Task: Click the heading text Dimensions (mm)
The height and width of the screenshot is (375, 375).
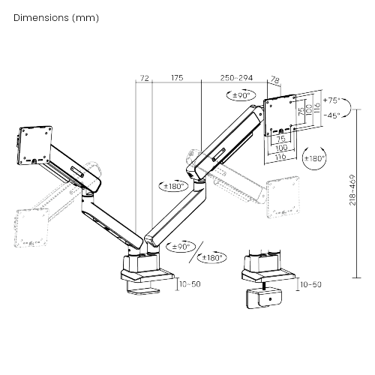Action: tap(56, 18)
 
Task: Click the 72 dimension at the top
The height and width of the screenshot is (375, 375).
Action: tap(144, 78)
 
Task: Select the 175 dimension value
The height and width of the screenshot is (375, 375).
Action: tap(177, 78)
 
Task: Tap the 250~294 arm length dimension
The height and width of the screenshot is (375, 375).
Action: tap(236, 78)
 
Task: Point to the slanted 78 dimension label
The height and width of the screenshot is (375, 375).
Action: tap(274, 80)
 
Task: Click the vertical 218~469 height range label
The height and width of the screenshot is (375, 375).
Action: tap(352, 190)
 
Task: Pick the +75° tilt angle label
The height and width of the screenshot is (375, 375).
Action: tap(331, 100)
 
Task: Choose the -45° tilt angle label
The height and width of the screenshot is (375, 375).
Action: tap(331, 115)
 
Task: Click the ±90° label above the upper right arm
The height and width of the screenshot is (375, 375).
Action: tap(241, 95)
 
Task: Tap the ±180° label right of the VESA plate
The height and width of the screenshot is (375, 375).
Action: tap(314, 158)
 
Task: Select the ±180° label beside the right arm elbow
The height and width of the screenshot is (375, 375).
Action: tap(174, 186)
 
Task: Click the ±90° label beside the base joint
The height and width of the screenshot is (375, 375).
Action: tap(181, 247)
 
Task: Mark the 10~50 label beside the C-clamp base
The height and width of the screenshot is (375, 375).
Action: tap(190, 284)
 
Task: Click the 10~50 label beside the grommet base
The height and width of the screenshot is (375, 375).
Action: tap(310, 284)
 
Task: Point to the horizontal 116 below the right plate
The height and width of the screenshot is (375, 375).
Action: tap(280, 157)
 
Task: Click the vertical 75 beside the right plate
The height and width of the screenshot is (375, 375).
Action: tap(301, 110)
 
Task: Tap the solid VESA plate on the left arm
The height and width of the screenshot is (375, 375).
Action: tap(35, 145)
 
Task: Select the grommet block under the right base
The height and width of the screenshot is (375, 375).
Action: tap(264, 298)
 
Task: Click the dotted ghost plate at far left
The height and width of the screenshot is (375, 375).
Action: tap(31, 228)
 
